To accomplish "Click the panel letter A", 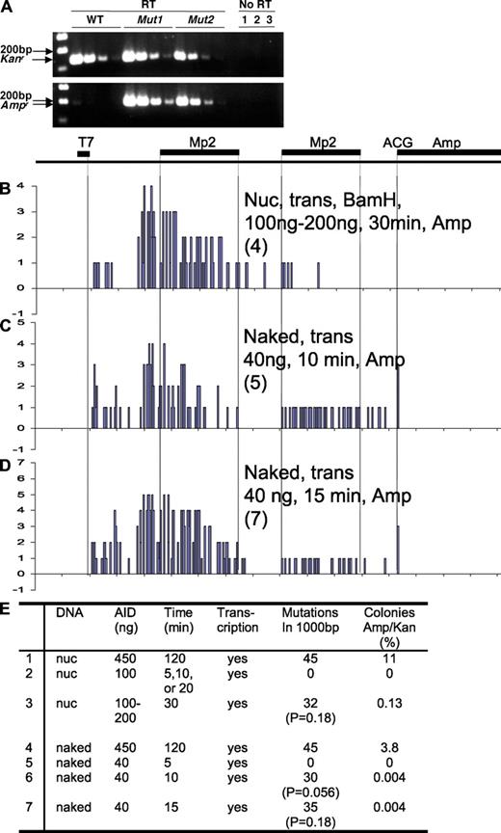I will [x=7, y=8].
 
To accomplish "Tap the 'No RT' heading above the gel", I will [x=255, y=7].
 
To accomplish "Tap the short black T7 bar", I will [x=84, y=153].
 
